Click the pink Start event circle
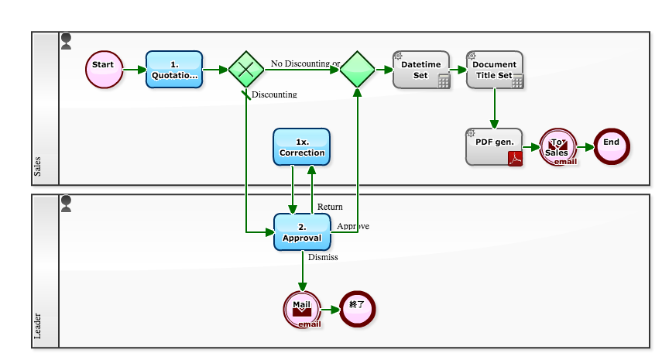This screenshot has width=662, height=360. [x=104, y=70]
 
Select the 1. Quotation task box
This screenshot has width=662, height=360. [x=174, y=70]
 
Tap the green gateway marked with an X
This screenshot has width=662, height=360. [x=246, y=70]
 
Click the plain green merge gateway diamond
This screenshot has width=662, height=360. [x=357, y=70]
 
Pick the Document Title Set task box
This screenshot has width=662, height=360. [x=495, y=70]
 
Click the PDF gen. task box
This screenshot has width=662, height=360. [x=495, y=146]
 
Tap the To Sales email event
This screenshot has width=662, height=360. [x=558, y=146]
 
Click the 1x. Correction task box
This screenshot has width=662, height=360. [x=302, y=147]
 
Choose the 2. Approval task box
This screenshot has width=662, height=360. [x=302, y=231]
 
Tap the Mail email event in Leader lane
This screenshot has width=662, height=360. [x=302, y=309]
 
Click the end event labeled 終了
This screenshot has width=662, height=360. [x=356, y=309]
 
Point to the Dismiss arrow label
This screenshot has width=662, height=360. [x=323, y=257]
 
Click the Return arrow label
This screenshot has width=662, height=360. [x=330, y=207]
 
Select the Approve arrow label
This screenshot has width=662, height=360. [x=353, y=226]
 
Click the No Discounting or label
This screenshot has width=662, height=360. [x=305, y=63]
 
